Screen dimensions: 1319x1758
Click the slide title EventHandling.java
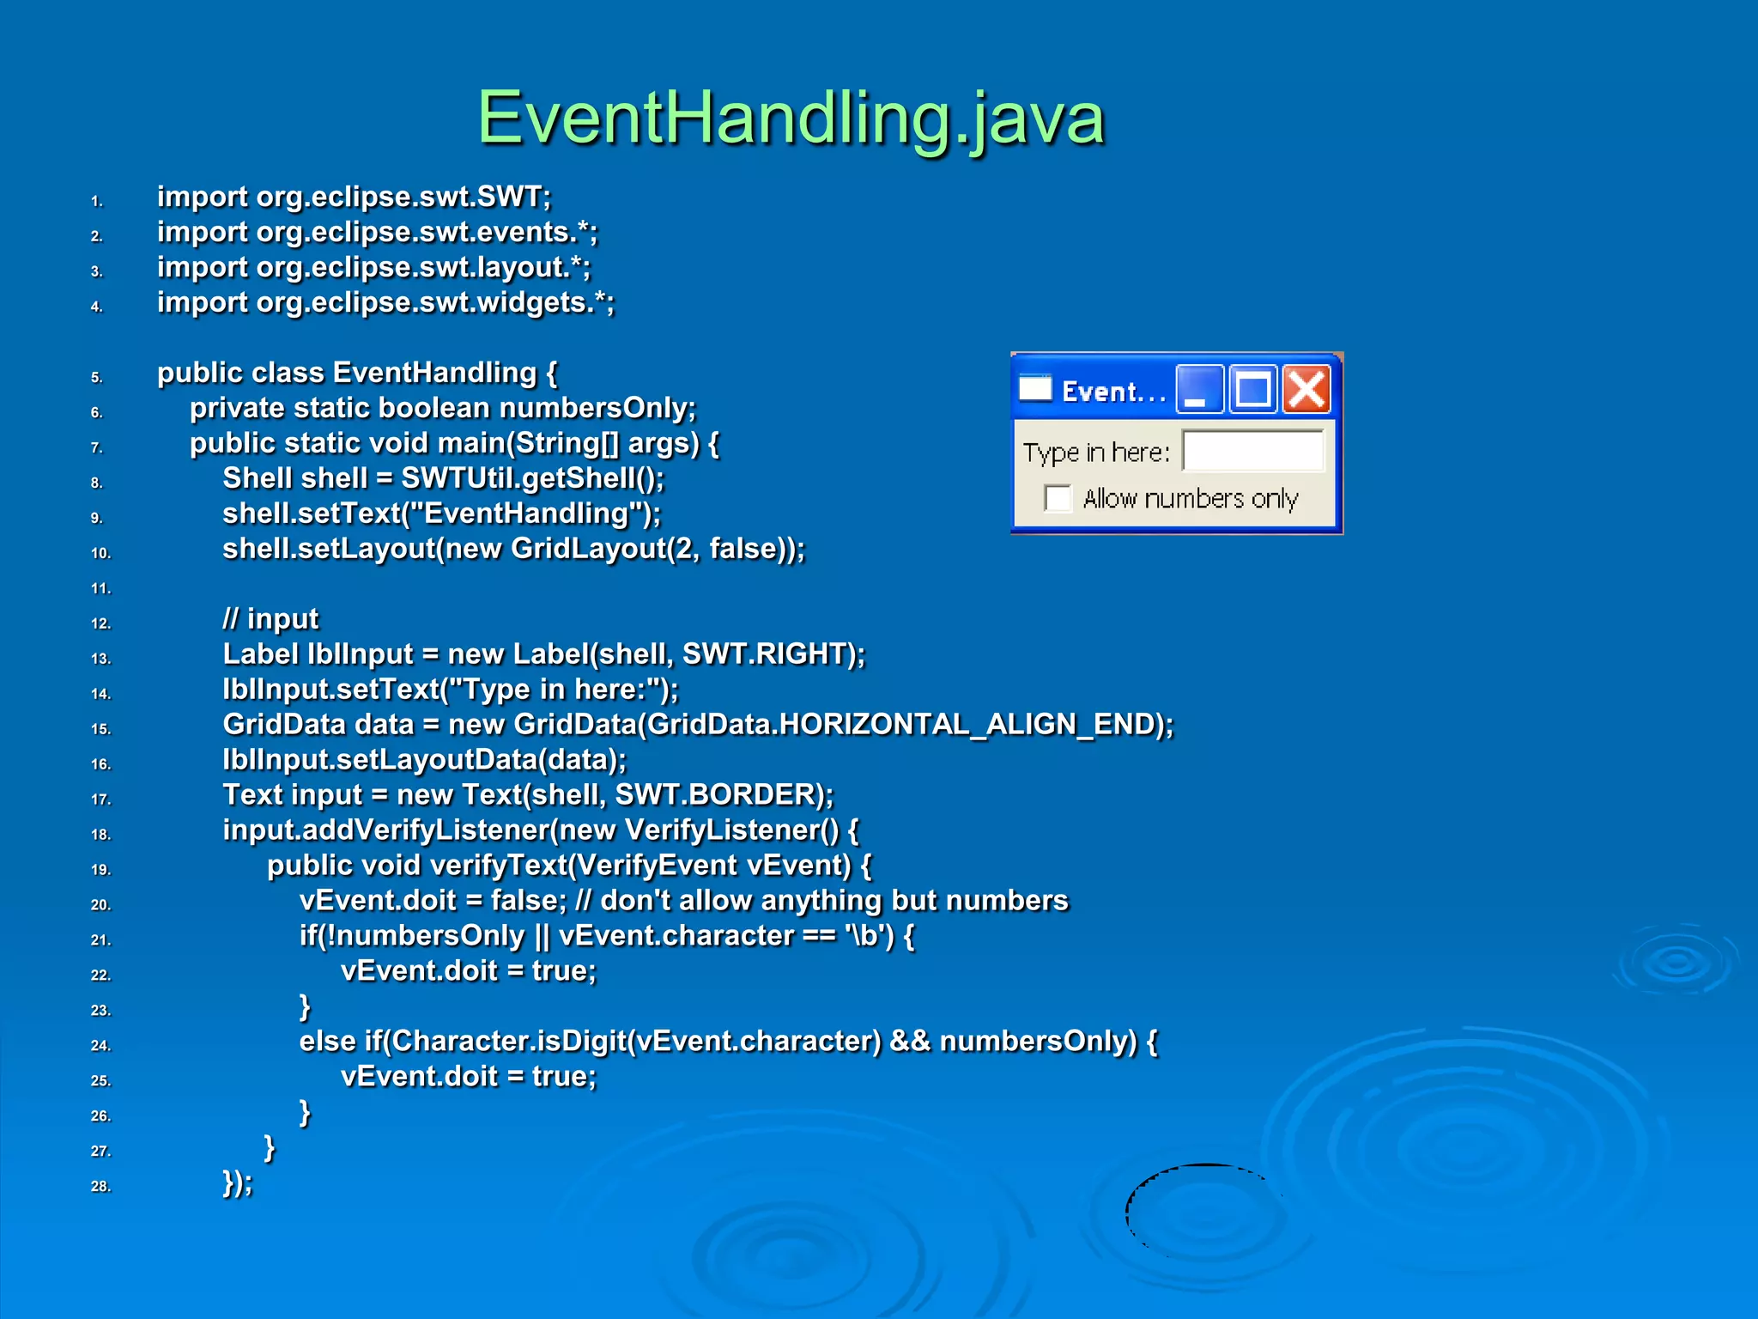[x=791, y=119]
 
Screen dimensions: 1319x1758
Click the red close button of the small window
[x=1306, y=390]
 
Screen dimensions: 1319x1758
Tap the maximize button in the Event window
[x=1252, y=390]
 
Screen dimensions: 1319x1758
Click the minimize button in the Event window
[x=1198, y=390]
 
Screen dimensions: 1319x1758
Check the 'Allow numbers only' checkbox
[x=1058, y=498]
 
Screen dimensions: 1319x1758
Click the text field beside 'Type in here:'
[x=1252, y=451]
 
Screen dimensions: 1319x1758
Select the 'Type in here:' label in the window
[x=1096, y=453]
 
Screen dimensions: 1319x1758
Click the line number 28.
[x=100, y=1187]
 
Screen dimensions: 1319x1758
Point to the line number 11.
[x=100, y=589]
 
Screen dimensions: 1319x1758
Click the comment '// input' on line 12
[x=270, y=619]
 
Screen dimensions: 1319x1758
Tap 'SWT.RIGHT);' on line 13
[x=773, y=654]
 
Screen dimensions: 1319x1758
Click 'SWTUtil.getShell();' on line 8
[x=532, y=478]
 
